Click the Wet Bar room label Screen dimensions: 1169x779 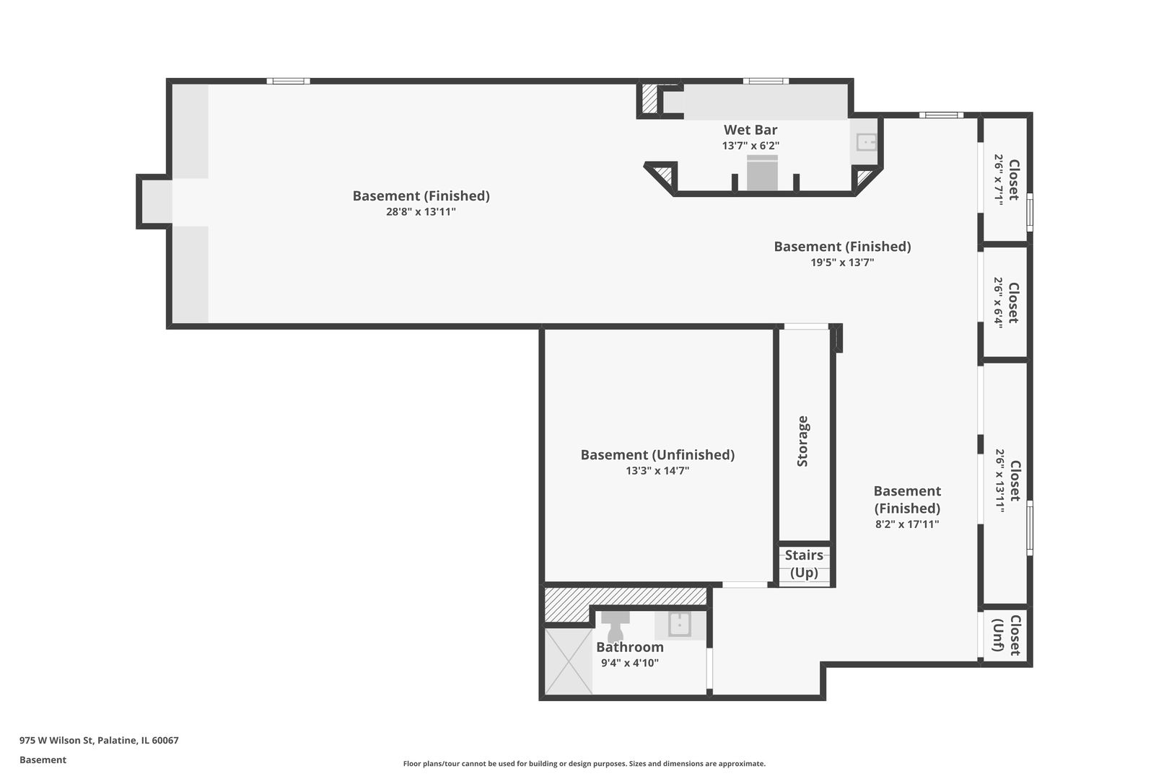(750, 130)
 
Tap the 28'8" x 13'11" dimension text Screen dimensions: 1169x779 (421, 212)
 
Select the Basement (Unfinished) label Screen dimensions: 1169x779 (657, 455)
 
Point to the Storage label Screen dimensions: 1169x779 (802, 441)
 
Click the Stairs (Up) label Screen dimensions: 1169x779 (804, 564)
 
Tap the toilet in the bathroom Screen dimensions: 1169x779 (616, 625)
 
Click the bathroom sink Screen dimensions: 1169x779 (680, 624)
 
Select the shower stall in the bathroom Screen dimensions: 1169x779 (569, 661)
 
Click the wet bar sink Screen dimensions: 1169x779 (867, 142)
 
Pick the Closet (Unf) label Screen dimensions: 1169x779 (1007, 635)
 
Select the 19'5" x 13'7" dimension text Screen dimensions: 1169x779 (842, 263)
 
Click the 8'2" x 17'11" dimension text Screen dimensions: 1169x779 (907, 524)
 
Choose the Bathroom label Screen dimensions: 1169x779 (630, 647)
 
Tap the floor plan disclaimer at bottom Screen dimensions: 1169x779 (584, 763)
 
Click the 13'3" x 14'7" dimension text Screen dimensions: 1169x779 (657, 470)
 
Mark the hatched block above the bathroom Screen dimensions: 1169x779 (625, 604)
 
